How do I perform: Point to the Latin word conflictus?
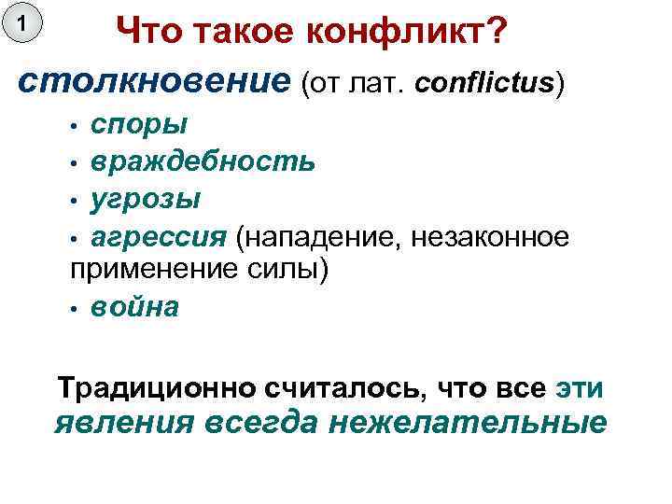tap(486, 83)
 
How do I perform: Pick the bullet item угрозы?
tap(146, 200)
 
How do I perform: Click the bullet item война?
tap(134, 307)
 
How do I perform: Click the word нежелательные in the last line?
tap(468, 423)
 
